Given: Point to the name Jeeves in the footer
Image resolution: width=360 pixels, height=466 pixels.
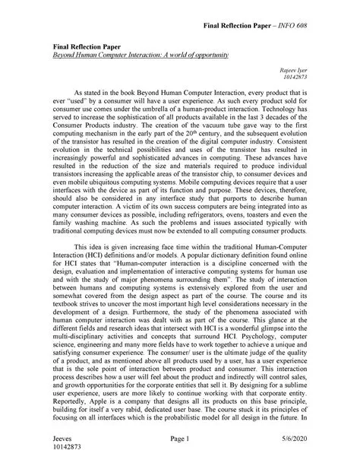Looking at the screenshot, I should click(x=60, y=440).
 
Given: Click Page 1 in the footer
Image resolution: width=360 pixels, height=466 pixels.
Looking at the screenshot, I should click(x=179, y=440).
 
